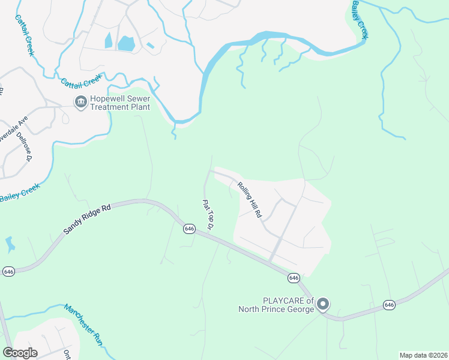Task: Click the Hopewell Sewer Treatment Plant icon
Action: [x=80, y=103]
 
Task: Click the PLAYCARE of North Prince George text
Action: [x=276, y=305]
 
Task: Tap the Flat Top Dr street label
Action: [x=208, y=216]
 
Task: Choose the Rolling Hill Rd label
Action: [x=250, y=199]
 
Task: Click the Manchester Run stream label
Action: [x=83, y=324]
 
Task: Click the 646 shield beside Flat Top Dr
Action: [x=189, y=229]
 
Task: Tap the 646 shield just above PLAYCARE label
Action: [x=294, y=278]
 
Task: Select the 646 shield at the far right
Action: [x=390, y=305]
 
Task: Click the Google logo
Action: [x=19, y=353]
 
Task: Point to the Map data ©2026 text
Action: [x=423, y=355]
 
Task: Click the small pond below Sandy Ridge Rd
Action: [x=9, y=244]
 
